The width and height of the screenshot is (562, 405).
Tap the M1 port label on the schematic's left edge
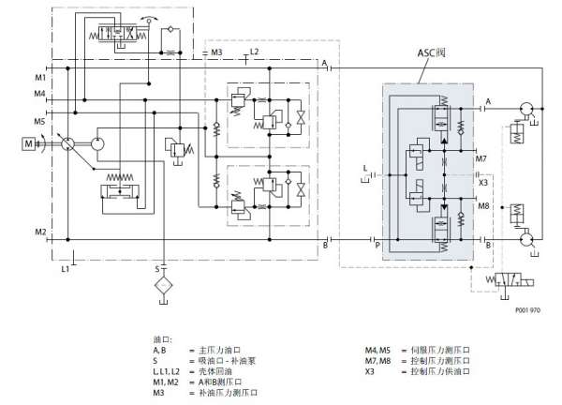[39, 76]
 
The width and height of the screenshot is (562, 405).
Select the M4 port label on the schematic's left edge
[39, 94]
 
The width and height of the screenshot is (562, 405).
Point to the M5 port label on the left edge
[39, 121]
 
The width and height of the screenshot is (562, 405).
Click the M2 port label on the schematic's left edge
[39, 231]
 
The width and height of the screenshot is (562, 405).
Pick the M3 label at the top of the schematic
[215, 52]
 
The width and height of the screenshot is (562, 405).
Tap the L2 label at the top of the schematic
[255, 52]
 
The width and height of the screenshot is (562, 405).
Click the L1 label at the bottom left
[64, 269]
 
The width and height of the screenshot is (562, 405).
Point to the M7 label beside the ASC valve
[481, 158]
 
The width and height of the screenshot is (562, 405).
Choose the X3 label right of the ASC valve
[483, 182]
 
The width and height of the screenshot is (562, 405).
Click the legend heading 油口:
[163, 338]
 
